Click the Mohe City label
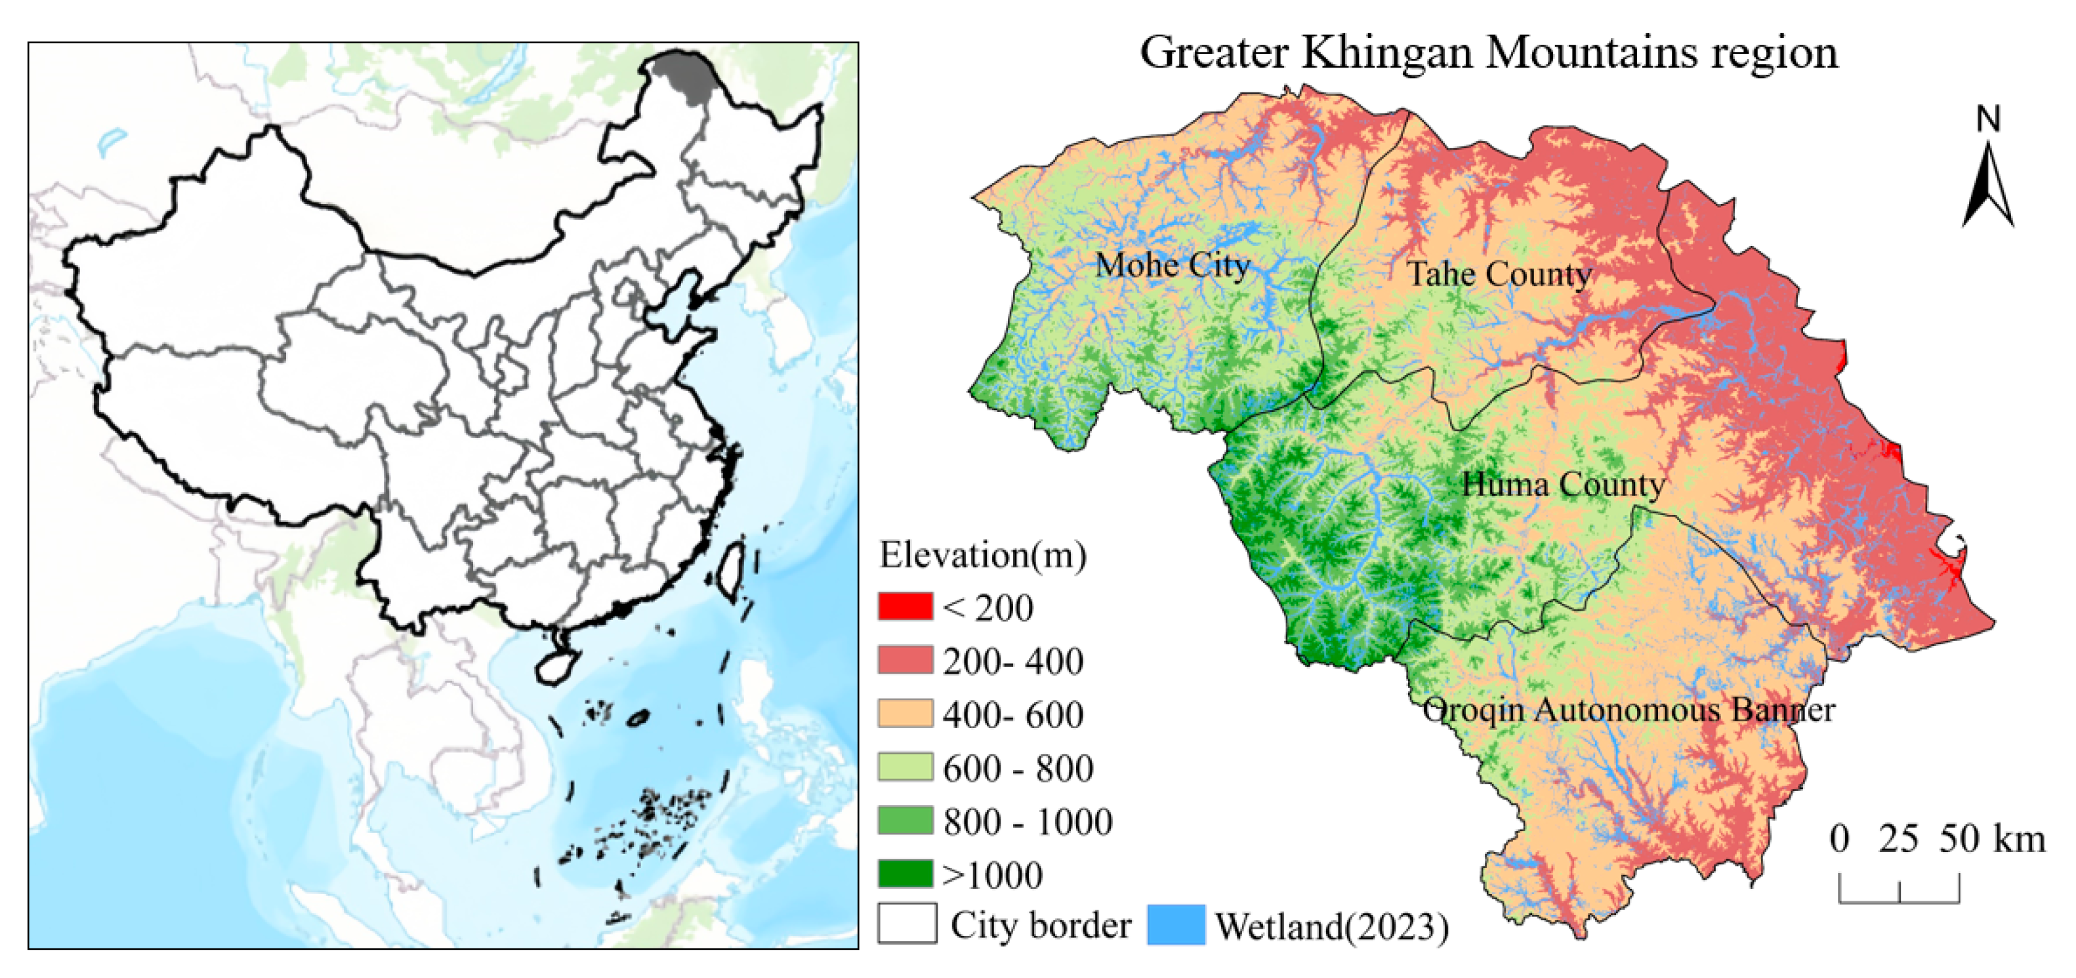[1172, 265]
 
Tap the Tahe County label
[1499, 274]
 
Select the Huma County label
[1563, 485]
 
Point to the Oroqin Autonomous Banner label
[1628, 710]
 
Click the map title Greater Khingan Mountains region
[1489, 52]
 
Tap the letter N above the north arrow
[1988, 119]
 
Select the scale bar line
[1899, 900]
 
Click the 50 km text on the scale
[1991, 839]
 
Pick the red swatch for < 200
[905, 607]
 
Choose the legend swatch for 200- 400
[905, 660]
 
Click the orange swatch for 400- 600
[905, 714]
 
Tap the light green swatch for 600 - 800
[905, 767]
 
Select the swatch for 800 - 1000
[905, 820]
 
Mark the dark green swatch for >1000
[905, 873]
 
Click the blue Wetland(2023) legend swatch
[1176, 925]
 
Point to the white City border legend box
[907, 923]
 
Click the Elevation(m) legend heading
[982, 555]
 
